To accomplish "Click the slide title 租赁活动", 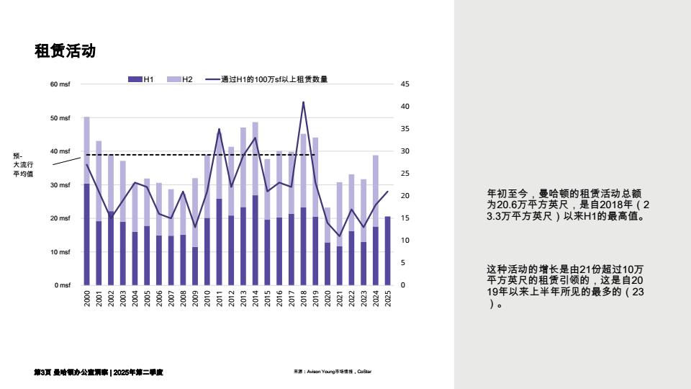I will [65, 51].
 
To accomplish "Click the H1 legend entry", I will [141, 79].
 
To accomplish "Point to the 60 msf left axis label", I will [60, 84].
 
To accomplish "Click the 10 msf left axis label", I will [60, 252].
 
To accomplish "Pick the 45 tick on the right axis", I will [405, 84].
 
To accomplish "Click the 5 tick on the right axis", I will [402, 263].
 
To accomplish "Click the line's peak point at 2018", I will [303, 102].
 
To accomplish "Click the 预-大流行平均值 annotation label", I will [23, 164].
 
